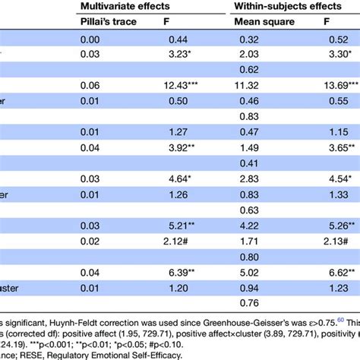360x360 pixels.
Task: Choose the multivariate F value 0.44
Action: point(175,39)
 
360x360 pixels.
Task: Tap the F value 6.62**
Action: point(337,273)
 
